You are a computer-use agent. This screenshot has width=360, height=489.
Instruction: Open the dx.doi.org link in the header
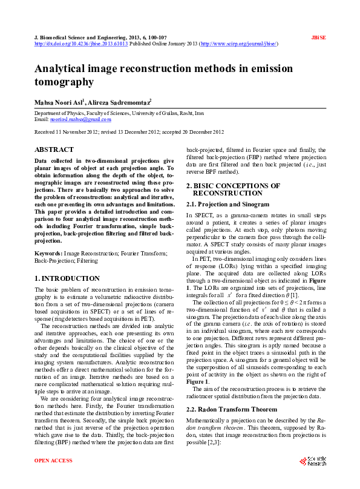[x=81, y=44]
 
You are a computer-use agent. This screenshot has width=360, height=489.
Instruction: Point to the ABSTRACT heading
[x=54, y=149]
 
